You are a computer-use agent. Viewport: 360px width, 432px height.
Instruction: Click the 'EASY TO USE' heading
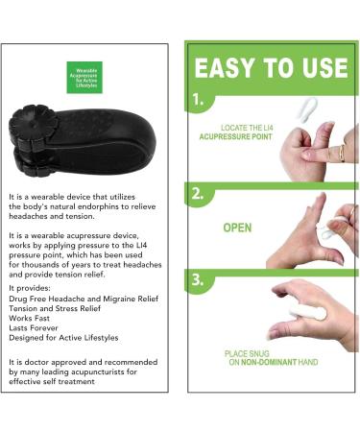coord(270,68)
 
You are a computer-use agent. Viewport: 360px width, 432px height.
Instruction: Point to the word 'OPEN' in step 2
coord(237,229)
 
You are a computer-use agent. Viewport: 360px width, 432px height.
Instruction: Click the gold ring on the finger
coord(339,151)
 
